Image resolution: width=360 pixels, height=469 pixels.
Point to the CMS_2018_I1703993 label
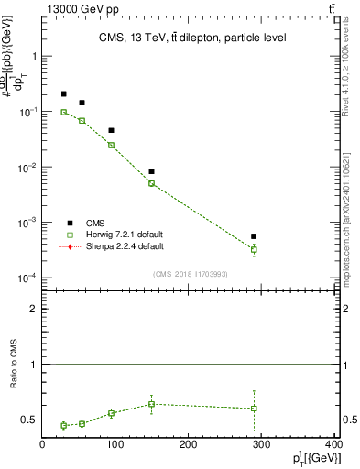(191, 274)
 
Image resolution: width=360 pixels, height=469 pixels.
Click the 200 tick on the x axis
(188, 446)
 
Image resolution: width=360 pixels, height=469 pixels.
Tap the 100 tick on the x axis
(115, 446)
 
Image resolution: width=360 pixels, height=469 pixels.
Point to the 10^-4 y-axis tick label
(27, 278)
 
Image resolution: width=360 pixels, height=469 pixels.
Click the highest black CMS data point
(63, 93)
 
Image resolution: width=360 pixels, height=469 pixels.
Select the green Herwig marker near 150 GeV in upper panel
(152, 183)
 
